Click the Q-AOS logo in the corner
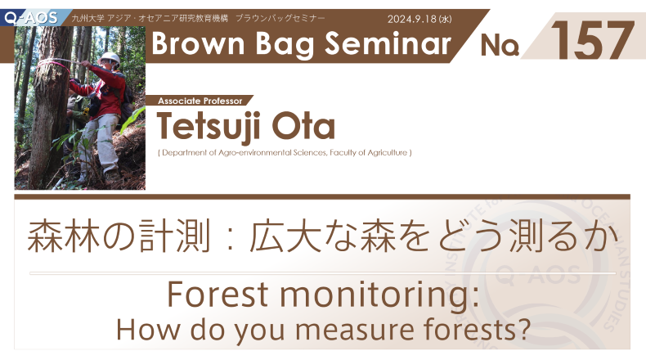click(31, 18)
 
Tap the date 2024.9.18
click(411, 19)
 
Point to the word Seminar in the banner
click(388, 43)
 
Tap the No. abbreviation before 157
click(500, 45)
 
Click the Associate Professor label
click(200, 101)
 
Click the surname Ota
click(303, 126)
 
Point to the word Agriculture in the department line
click(388, 152)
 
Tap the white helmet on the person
click(110, 58)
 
